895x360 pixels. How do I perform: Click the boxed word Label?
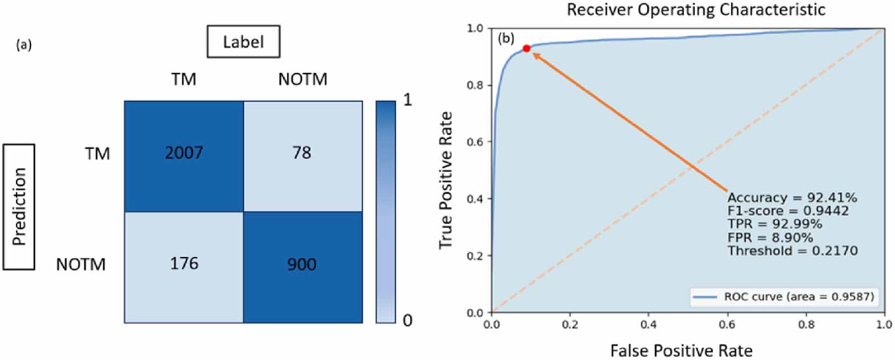pos(243,42)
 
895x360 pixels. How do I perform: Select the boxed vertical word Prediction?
pos(19,207)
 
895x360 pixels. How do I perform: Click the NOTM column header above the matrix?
pos(303,80)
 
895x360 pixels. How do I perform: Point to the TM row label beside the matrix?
pos(97,154)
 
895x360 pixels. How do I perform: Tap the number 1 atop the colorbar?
pos(408,100)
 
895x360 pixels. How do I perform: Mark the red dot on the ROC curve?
pos(527,49)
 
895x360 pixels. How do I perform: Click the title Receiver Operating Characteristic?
pos(696,9)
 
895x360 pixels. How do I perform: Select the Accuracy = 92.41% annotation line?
pos(792,198)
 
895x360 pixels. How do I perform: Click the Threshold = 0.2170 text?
pos(792,251)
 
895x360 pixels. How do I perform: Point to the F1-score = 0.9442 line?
pos(788,211)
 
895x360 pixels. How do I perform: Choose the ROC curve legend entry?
pos(783,297)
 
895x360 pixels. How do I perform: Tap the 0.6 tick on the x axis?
pos(727,325)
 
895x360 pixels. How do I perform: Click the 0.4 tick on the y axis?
pos(476,199)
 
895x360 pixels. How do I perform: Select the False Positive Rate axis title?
pos(681,351)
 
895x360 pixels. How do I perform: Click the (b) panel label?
pos(506,38)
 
